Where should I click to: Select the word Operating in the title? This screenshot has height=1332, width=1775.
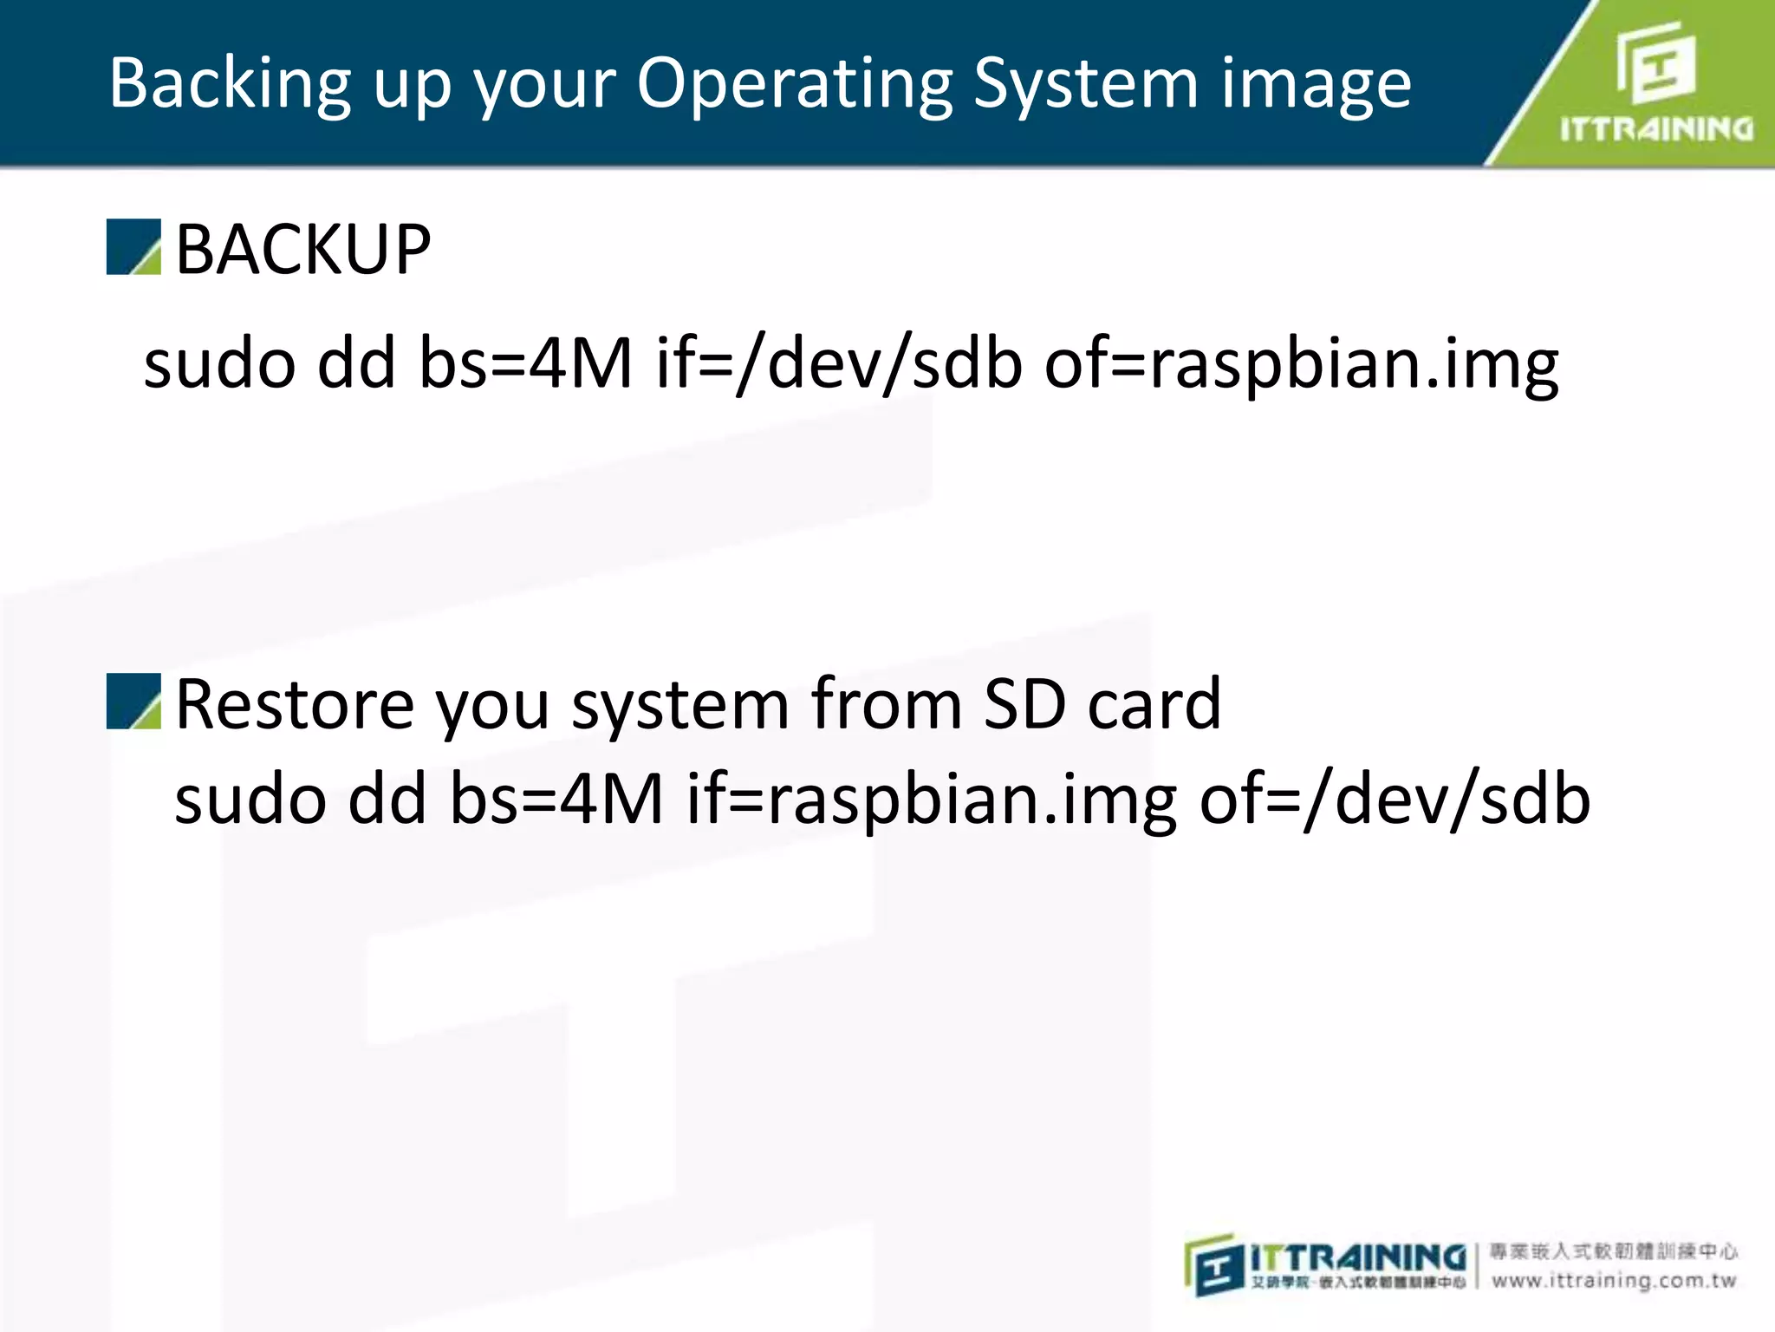coord(793,84)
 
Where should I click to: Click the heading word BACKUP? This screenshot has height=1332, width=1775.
coord(303,250)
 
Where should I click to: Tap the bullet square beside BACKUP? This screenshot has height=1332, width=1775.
coord(133,247)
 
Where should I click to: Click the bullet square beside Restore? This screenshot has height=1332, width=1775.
coord(133,701)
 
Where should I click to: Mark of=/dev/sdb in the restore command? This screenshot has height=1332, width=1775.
coord(1395,799)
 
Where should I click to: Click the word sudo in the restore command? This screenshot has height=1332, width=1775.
coord(250,799)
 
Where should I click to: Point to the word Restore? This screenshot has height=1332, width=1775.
coord(295,703)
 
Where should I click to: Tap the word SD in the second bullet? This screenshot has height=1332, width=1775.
coord(1024,703)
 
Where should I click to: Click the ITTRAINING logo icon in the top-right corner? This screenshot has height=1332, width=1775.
coord(1655,62)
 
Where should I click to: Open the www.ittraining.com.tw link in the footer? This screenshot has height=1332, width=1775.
coord(1614,1280)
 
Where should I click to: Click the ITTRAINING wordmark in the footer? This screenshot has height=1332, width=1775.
coord(1357,1257)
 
